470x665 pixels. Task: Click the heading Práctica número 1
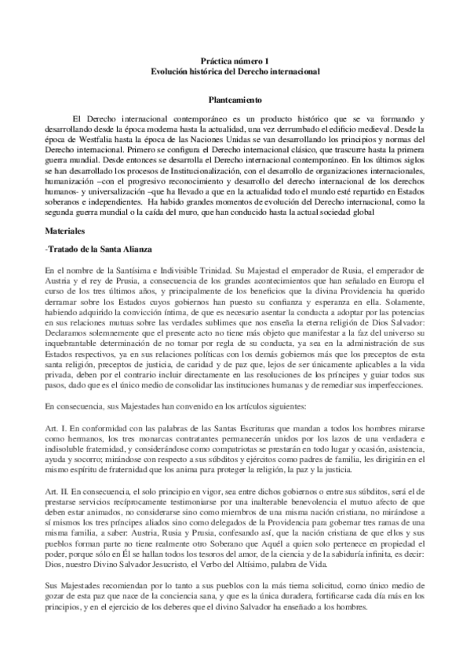(235, 60)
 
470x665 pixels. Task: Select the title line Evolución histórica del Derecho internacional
(235, 71)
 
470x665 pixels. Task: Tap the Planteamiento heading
(235, 100)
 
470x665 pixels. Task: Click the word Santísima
(114, 271)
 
